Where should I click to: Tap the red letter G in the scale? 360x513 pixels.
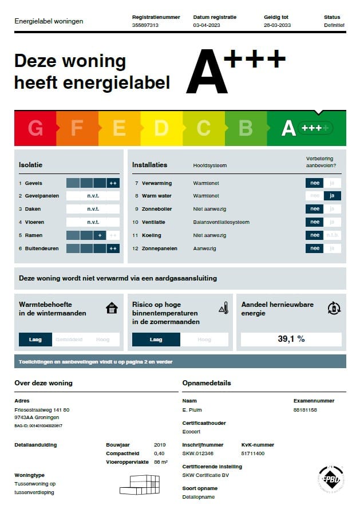click(x=35, y=128)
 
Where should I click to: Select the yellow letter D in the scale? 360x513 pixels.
click(x=161, y=128)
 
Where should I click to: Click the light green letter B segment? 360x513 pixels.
click(x=246, y=128)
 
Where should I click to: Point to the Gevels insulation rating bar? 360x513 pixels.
click(x=93, y=183)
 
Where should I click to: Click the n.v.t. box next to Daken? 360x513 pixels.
click(x=93, y=209)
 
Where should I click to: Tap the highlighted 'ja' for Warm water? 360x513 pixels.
click(x=332, y=196)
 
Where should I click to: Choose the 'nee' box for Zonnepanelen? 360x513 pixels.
click(x=314, y=248)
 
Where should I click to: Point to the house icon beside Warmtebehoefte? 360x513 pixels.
click(x=112, y=309)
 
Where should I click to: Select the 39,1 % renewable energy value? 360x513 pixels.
click(x=291, y=339)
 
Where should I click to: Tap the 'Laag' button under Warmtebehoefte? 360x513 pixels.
click(x=35, y=340)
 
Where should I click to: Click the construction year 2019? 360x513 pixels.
click(x=160, y=445)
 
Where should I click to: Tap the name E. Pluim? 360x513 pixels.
click(x=192, y=410)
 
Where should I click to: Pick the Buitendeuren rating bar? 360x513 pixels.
click(x=93, y=248)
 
